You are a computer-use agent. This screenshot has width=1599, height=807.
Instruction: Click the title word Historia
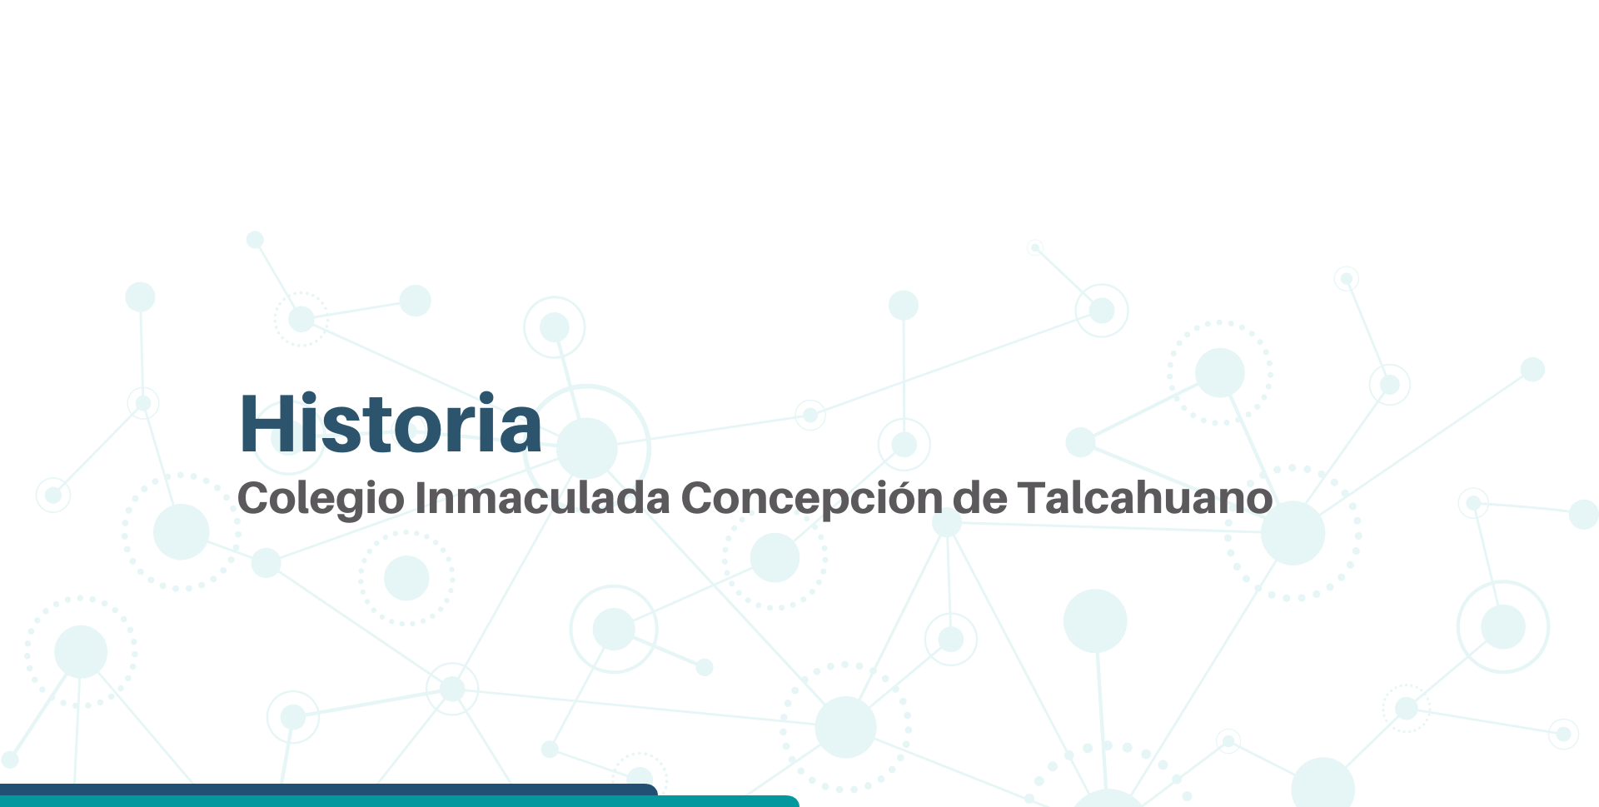[391, 423]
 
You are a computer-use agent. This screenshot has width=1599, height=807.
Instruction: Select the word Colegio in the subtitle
[321, 499]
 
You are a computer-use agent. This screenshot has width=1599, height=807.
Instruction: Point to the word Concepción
[811, 499]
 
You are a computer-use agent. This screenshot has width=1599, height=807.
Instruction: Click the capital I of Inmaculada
[421, 497]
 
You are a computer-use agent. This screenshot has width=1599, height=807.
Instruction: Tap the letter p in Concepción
[837, 504]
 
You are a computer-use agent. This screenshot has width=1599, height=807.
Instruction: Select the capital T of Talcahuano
[1031, 497]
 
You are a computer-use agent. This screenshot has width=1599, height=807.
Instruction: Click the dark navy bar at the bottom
[329, 790]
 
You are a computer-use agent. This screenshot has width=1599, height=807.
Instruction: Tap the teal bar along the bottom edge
[400, 801]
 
